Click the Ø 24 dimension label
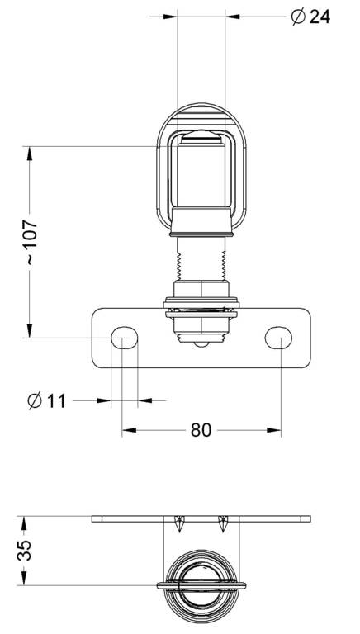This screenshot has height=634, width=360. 310,17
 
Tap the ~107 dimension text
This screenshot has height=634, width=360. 31,241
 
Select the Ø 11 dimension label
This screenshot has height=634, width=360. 46,400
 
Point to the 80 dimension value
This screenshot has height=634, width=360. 201,430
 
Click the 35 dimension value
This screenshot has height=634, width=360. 24,550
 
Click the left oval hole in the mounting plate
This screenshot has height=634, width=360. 124,338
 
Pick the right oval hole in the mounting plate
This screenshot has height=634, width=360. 278,338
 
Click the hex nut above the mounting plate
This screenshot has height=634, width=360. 201,289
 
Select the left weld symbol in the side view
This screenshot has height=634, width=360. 179,524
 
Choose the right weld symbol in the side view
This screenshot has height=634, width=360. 223,524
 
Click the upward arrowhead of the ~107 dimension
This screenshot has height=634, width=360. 29,154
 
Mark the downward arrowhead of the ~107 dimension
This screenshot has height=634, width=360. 29,330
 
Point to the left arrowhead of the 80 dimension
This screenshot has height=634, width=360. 129,430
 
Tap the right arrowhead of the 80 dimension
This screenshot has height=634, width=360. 274,430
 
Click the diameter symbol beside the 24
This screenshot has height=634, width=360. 298,17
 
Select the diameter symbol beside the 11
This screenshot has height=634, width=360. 35,400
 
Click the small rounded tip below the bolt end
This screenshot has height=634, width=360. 201,344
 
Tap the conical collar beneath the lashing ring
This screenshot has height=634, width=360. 201,220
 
